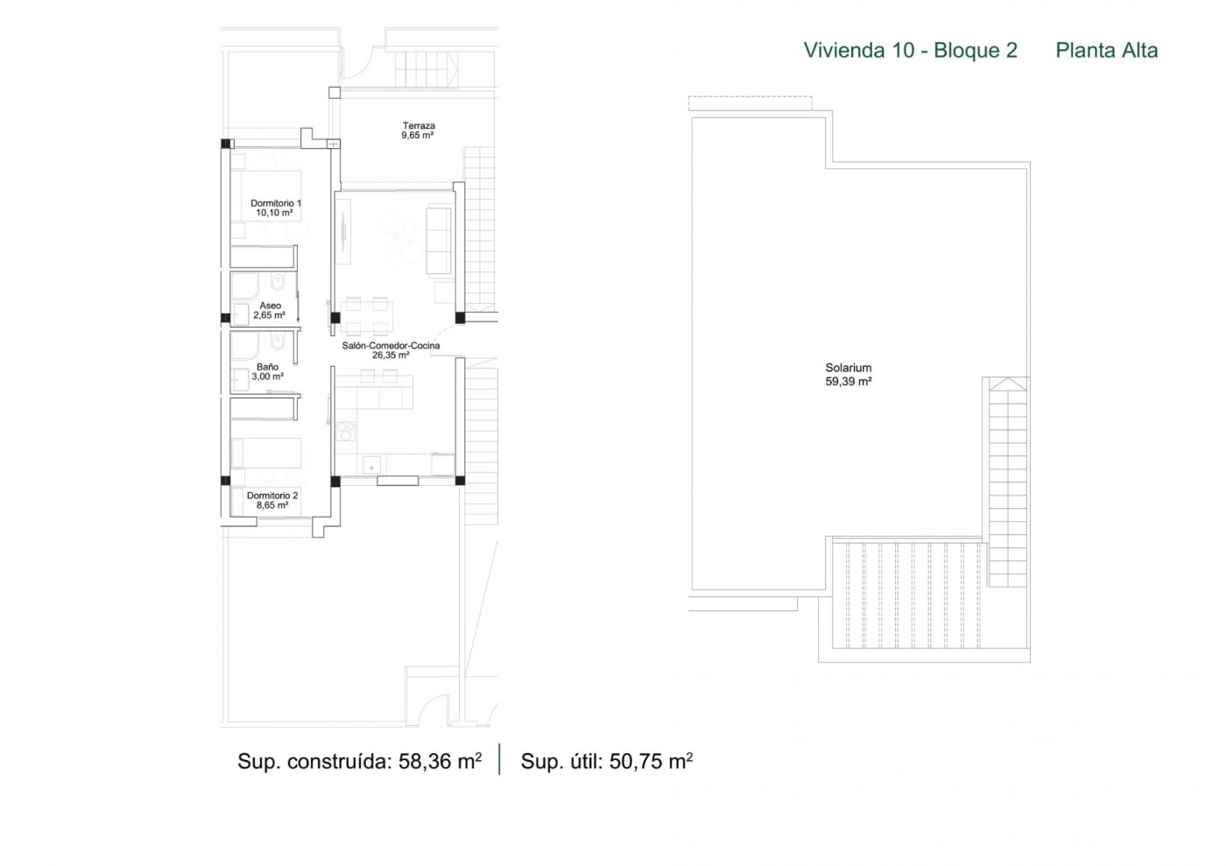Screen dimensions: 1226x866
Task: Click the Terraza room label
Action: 419,125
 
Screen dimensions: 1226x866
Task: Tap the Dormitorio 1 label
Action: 276,203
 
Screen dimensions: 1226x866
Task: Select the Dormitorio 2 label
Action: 272,496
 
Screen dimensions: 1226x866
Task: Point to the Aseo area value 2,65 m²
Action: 270,315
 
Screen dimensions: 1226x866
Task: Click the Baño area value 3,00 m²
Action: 268,377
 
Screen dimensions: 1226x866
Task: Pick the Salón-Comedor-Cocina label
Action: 391,345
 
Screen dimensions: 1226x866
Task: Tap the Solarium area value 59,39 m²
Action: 849,382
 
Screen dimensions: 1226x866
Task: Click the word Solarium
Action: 849,368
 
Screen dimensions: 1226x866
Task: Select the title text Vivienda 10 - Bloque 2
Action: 910,51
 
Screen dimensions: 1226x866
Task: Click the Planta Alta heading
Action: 1107,51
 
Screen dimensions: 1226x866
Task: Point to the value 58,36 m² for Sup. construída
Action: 440,761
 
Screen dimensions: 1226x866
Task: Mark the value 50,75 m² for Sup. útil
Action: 651,761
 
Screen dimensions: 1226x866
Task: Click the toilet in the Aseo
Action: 278,282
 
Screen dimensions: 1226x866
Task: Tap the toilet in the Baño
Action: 278,342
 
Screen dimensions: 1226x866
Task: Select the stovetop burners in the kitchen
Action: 346,431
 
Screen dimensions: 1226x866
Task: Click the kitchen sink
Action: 373,465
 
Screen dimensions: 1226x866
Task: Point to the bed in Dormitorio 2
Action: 266,454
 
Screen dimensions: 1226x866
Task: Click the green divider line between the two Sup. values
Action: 500,758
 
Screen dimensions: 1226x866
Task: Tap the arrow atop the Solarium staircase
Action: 1007,384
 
